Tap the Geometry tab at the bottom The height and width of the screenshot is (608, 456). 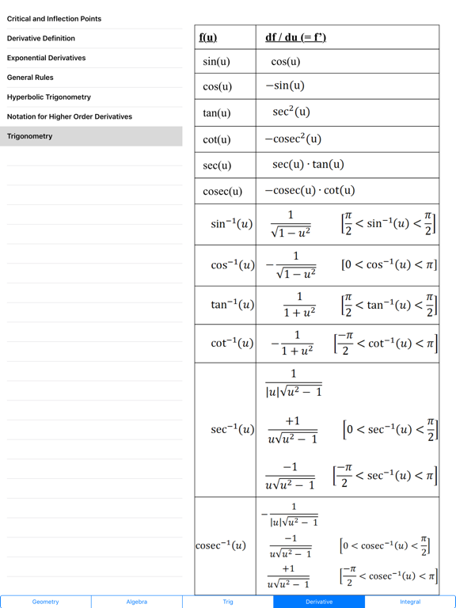tap(46, 602)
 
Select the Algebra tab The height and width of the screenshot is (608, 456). tap(137, 602)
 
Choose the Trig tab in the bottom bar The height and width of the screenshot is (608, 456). tap(228, 602)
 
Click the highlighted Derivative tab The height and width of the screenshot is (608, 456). tap(319, 602)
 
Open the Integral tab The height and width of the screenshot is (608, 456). tap(410, 602)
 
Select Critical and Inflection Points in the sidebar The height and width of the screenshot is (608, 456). tap(54, 19)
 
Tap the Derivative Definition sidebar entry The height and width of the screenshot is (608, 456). tap(41, 38)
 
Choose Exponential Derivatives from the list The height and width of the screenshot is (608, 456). tap(46, 58)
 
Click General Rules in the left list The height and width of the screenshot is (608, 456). tap(30, 78)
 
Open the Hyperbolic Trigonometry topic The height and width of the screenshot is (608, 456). tap(49, 97)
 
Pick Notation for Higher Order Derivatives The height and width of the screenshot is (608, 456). tap(70, 117)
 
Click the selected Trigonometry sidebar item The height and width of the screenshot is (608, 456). tap(30, 136)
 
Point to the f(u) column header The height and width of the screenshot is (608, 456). tap(208, 37)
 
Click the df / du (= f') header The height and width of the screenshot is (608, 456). tap(295, 37)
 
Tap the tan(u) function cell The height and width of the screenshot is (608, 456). tap(217, 113)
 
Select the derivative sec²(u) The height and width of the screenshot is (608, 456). tap(291, 112)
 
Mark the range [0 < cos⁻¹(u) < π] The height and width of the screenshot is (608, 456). tap(389, 264)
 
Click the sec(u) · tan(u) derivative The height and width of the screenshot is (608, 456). tap(308, 165)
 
